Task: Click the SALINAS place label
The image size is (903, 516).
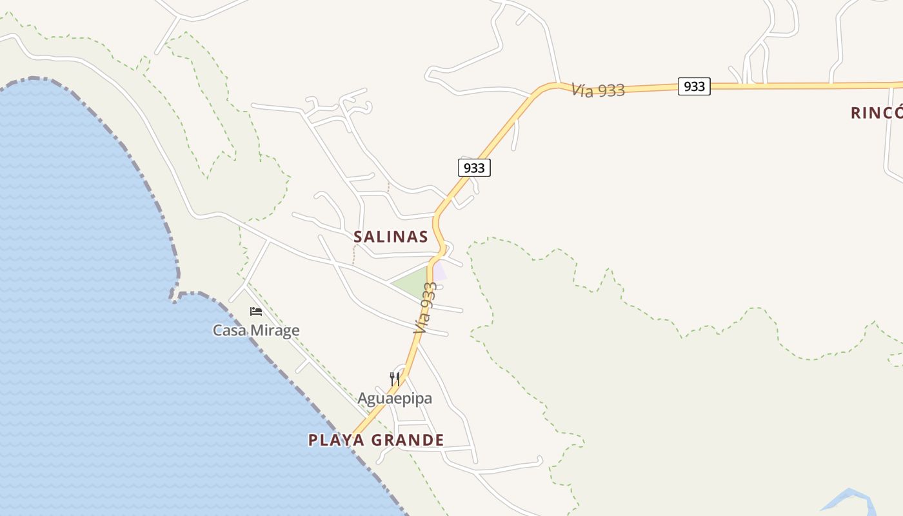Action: click(391, 237)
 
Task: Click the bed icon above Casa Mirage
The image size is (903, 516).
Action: click(256, 312)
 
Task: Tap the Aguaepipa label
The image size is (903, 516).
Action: click(395, 399)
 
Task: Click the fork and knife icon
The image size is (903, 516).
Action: click(395, 379)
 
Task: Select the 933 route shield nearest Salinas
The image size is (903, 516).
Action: click(474, 168)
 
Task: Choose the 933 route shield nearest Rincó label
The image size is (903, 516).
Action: click(694, 86)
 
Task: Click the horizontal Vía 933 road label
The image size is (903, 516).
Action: click(598, 90)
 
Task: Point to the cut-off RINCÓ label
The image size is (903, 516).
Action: click(876, 113)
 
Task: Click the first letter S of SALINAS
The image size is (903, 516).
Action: click(359, 237)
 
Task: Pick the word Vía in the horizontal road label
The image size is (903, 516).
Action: click(582, 89)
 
